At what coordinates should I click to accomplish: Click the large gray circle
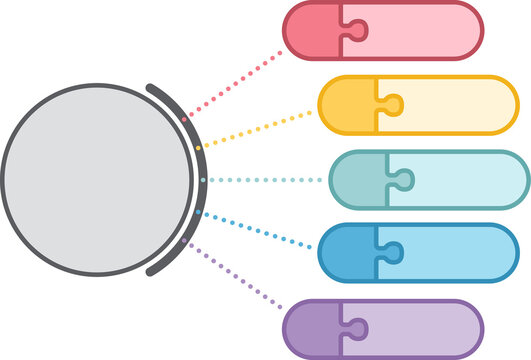click(96, 181)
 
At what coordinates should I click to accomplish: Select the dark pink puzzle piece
click(313, 30)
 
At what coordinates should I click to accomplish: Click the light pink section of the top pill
click(420, 30)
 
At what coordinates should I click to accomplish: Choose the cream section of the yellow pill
click(455, 105)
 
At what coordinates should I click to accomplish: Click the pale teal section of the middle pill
click(465, 180)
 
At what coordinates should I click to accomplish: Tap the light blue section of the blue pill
click(455, 254)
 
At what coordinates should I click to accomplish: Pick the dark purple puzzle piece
click(313, 329)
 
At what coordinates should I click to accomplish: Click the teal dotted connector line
click(265, 180)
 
